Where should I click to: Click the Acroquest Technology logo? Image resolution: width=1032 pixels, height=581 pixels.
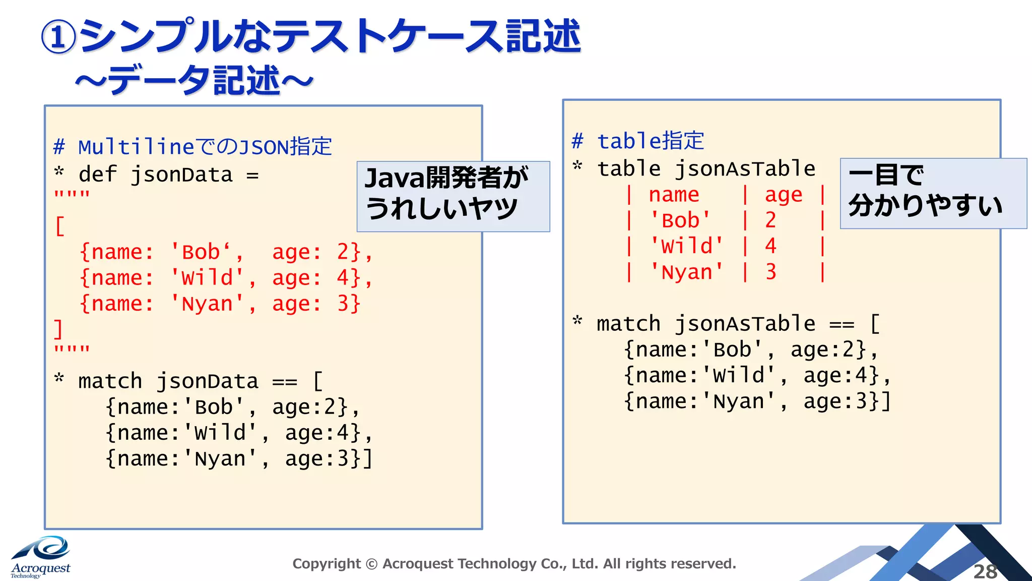click(41, 558)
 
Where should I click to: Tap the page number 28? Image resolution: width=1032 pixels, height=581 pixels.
click(985, 571)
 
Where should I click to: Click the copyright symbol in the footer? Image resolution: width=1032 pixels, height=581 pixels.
click(371, 564)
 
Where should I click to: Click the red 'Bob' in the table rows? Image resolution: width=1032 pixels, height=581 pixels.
click(680, 220)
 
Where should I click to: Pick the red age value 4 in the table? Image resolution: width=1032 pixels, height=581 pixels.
click(770, 246)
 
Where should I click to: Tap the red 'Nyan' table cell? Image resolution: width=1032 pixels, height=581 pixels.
click(686, 272)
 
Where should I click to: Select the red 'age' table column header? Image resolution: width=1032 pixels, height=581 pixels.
click(783, 195)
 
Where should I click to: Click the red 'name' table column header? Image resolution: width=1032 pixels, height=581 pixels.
click(674, 195)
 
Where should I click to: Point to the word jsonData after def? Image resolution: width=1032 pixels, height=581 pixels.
click(181, 175)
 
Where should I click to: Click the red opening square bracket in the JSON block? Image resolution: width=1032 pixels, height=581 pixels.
click(60, 226)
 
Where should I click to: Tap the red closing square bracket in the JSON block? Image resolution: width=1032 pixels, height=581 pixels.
click(58, 329)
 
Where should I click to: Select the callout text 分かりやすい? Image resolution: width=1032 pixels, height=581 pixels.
click(925, 206)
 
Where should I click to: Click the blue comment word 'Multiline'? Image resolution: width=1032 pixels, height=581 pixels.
click(136, 147)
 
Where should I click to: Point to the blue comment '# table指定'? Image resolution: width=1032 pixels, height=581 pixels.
click(638, 141)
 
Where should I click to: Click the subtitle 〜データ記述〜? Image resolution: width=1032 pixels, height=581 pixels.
click(195, 81)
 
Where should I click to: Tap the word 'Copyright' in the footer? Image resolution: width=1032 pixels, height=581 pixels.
click(327, 564)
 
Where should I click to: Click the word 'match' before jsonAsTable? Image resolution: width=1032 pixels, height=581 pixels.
click(628, 324)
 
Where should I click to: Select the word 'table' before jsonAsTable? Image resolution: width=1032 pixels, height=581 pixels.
click(628, 169)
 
